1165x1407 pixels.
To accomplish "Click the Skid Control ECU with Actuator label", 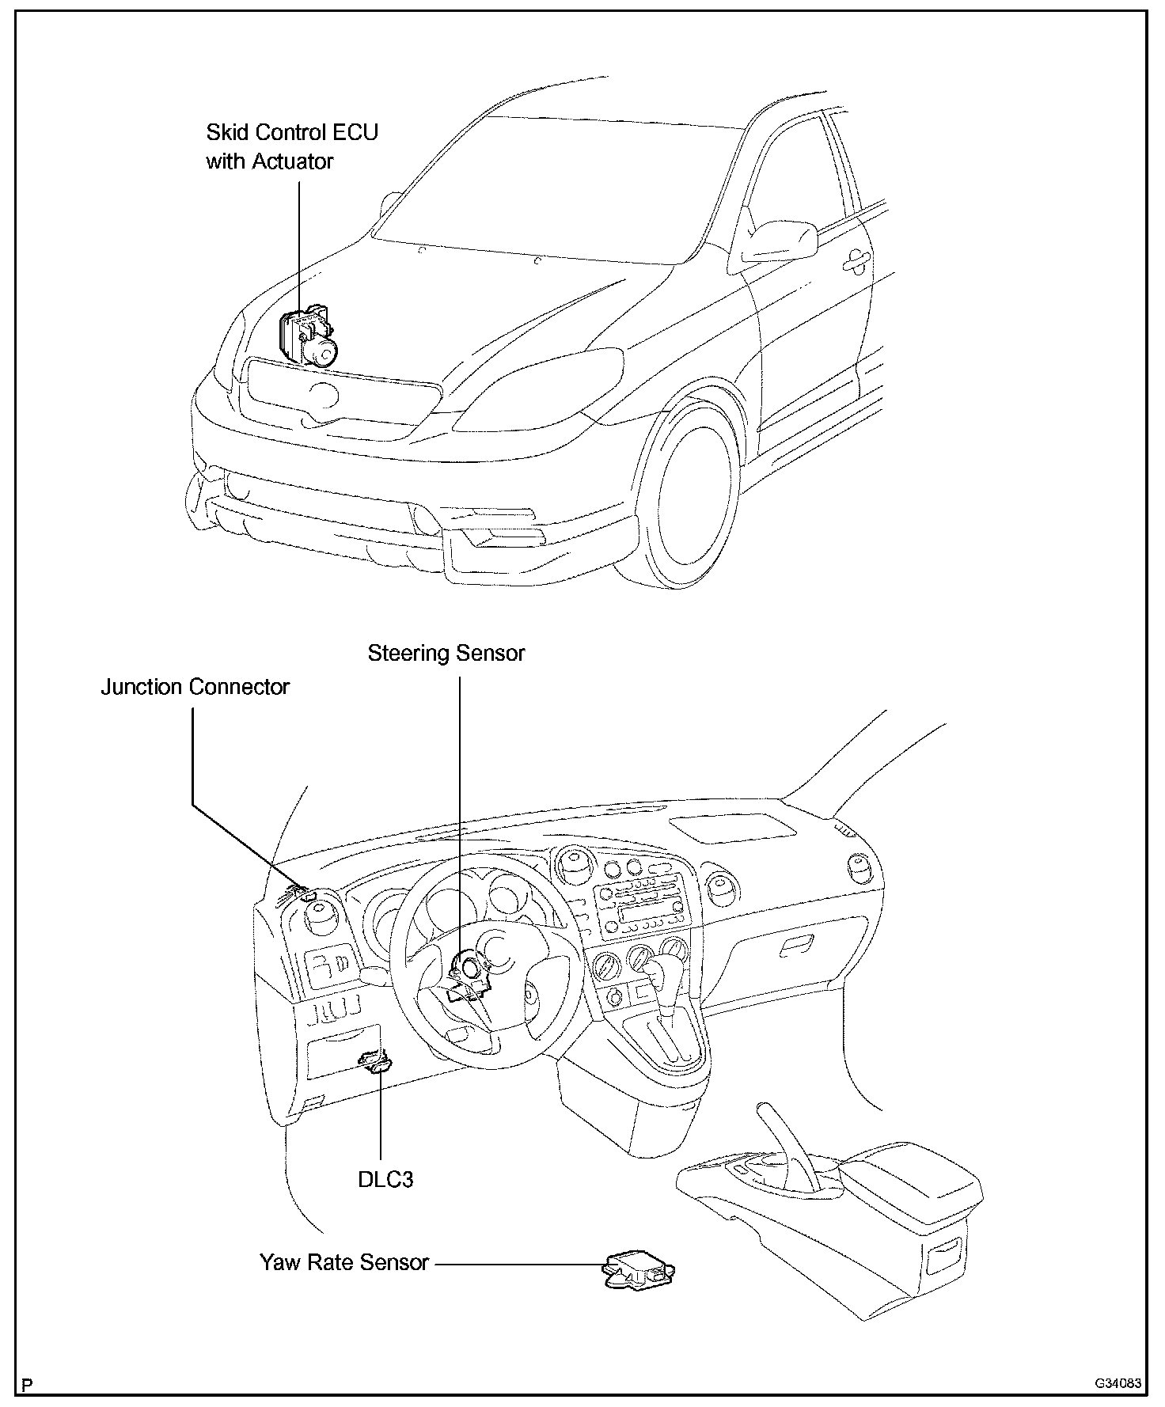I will click(291, 146).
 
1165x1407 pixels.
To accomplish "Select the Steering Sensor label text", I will click(446, 654).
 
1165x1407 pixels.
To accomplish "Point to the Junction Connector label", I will click(195, 687).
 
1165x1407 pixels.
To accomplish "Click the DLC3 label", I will click(385, 1179).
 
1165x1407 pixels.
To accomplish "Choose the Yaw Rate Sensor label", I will click(344, 1262).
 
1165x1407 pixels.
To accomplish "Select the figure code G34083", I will click(1118, 1384).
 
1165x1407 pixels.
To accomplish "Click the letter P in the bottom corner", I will click(28, 1384).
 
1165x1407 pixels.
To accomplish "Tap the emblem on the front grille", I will click(323, 393).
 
